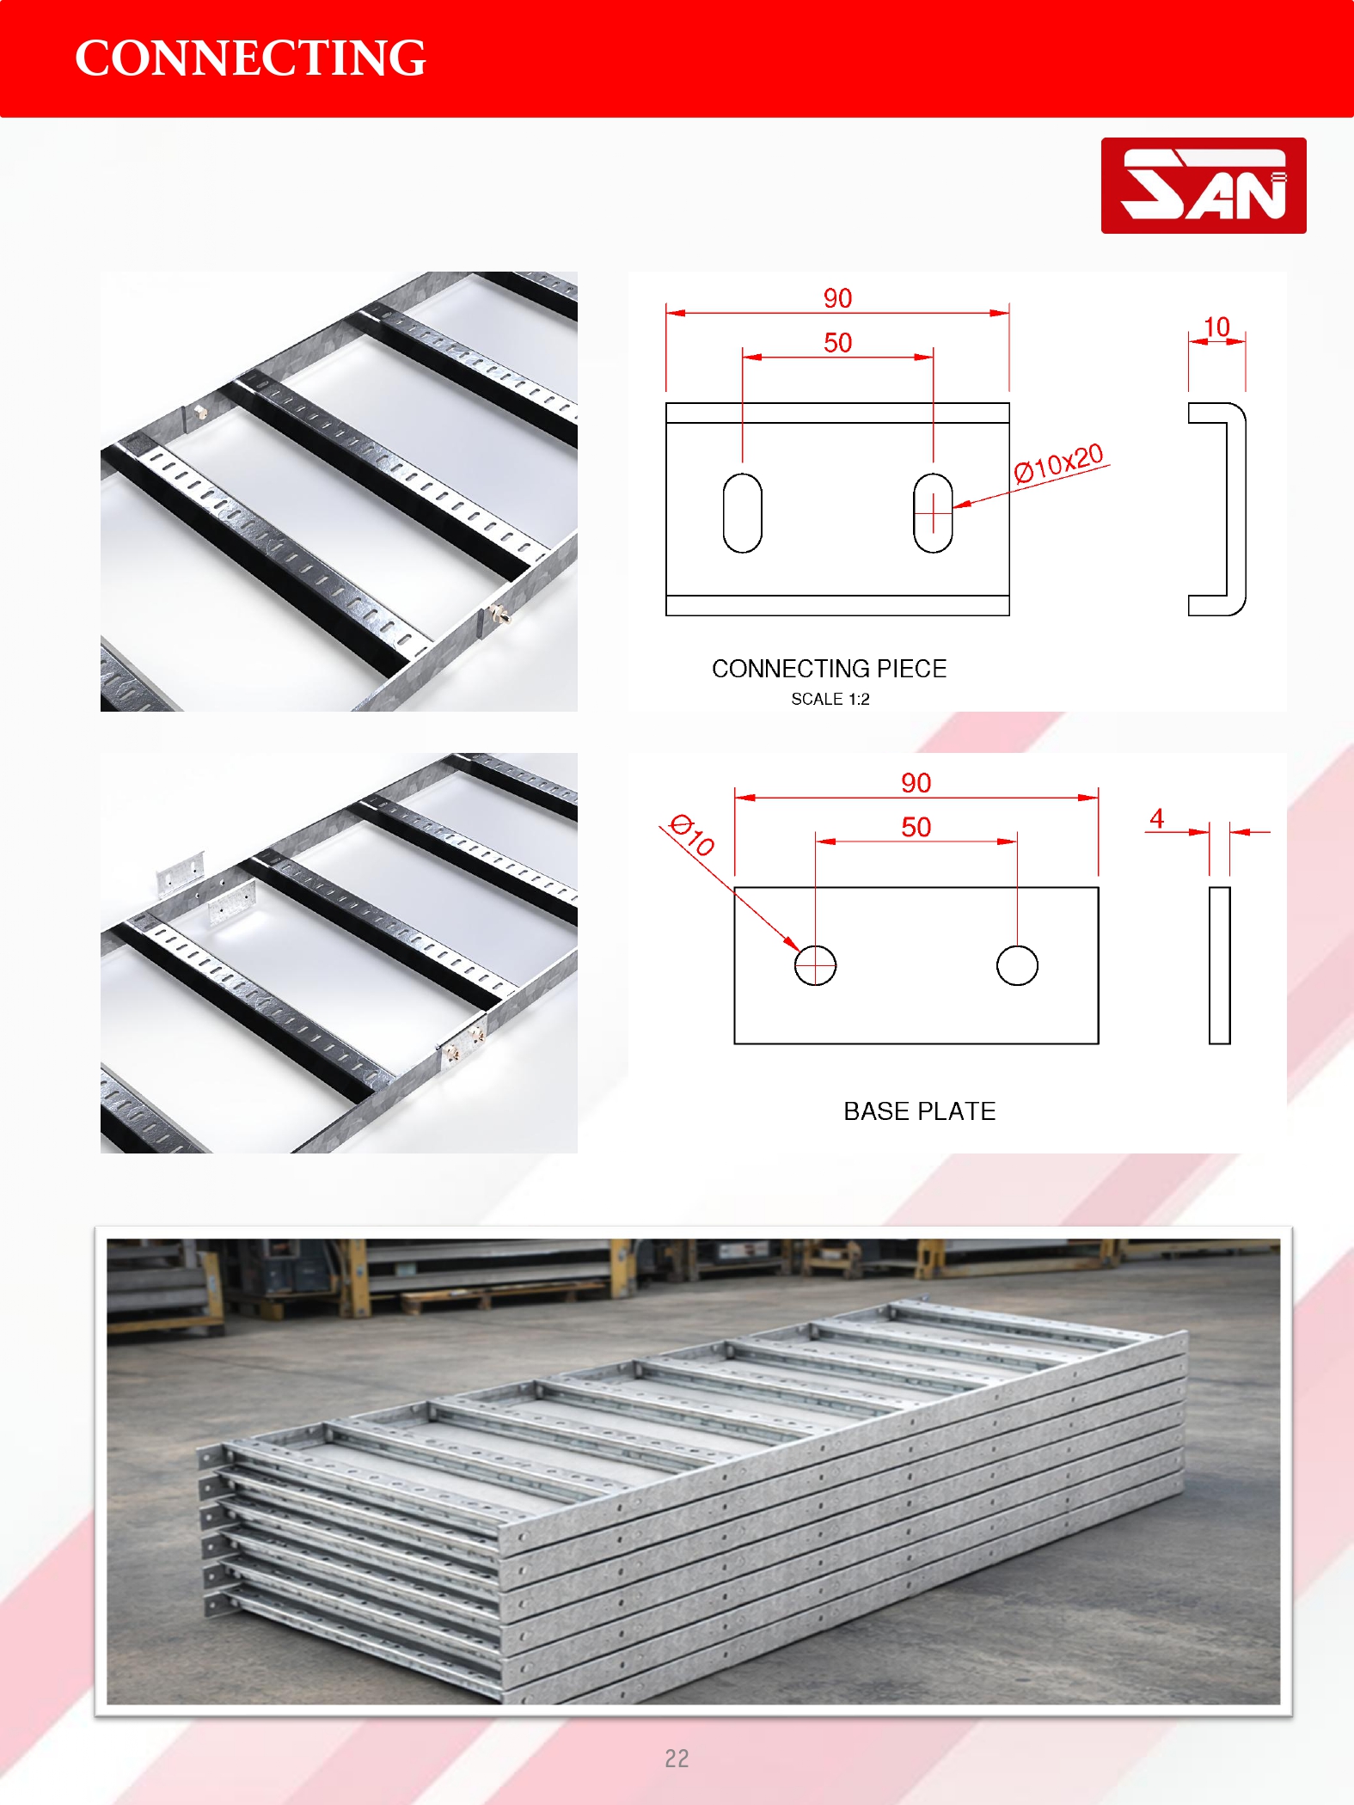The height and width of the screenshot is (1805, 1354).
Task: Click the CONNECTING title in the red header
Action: pos(250,58)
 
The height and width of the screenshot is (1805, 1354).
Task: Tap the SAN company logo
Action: pos(1204,186)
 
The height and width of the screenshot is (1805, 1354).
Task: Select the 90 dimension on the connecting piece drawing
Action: pos(837,298)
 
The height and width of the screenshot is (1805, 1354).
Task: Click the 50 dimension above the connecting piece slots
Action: pos(837,343)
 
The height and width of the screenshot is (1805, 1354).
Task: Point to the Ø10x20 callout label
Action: pos(1058,463)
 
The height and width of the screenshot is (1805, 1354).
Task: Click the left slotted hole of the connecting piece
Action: pos(743,513)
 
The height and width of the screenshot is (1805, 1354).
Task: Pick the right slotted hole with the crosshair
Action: pos(933,513)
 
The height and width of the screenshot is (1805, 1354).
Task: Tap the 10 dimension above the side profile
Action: pos(1216,327)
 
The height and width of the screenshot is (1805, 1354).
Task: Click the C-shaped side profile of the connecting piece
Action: pos(1242,509)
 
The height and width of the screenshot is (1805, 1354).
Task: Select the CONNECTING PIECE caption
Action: pos(829,669)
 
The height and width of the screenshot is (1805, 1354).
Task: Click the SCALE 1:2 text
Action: pos(830,700)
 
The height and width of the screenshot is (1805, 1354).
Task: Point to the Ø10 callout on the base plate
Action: pos(692,835)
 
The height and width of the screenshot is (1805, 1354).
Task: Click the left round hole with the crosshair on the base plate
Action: pos(815,965)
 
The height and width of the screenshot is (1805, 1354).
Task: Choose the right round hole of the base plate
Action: pos(1017,965)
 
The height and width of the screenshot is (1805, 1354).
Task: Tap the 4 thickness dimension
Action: pos(1157,818)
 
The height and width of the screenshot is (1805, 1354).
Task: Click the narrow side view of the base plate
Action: pos(1219,965)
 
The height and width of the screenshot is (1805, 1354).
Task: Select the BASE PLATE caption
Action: pos(919,1111)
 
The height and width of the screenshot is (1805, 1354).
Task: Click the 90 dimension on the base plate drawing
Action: pos(916,783)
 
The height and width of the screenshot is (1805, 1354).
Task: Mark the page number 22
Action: pos(677,1759)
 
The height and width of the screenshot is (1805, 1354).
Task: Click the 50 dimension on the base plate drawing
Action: pos(916,828)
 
